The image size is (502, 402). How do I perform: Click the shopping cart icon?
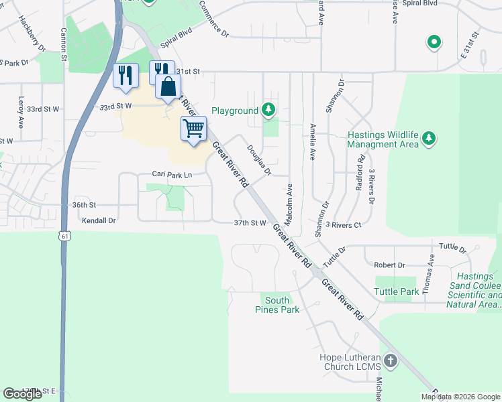(193, 128)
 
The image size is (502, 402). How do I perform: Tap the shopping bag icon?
(168, 87)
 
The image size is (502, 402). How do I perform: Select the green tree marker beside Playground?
(268, 109)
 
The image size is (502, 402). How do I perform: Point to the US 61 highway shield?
(64, 236)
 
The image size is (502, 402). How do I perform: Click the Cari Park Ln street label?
(172, 174)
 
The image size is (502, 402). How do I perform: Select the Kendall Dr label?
(99, 220)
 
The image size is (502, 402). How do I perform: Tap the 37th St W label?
(250, 222)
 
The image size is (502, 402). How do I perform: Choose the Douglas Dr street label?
(258, 161)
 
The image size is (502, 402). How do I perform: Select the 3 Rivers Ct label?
(343, 224)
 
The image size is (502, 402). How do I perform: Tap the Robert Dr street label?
(389, 265)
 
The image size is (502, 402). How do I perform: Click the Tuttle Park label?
(397, 291)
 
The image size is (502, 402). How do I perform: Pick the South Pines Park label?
(277, 305)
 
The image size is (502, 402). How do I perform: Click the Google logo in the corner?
(22, 394)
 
